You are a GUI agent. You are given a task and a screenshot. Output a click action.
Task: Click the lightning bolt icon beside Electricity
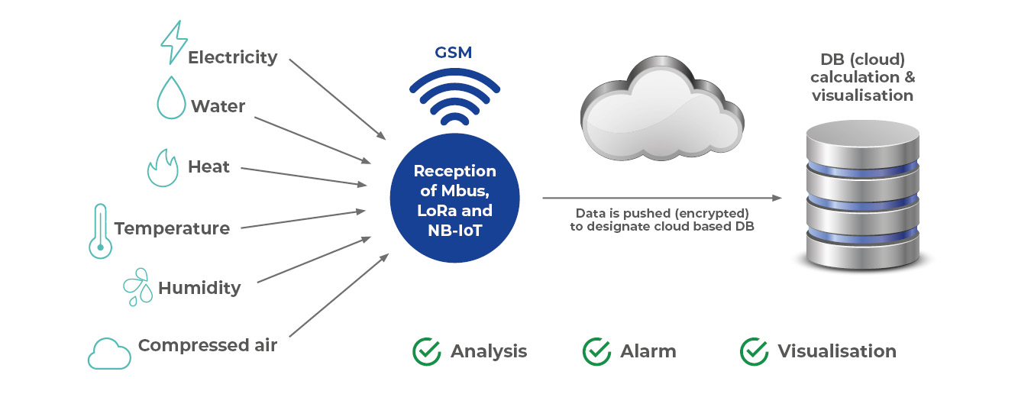pyautogui.click(x=173, y=42)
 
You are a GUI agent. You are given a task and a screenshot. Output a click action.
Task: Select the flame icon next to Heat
pyautogui.click(x=163, y=169)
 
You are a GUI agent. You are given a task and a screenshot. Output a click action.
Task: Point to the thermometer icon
pyautogui.click(x=101, y=231)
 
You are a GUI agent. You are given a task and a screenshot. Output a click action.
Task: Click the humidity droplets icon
pyautogui.click(x=138, y=287)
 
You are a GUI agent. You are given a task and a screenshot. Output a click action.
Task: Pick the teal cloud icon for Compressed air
pyautogui.click(x=109, y=354)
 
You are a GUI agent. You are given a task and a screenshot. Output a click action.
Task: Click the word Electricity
pyautogui.click(x=233, y=58)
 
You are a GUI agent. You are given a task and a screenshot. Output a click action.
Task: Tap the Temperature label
pyautogui.click(x=172, y=228)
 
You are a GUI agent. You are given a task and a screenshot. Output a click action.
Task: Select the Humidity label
pyautogui.click(x=199, y=288)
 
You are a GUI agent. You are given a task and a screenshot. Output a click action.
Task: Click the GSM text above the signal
pyautogui.click(x=453, y=53)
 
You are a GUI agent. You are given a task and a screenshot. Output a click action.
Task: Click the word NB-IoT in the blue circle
pyautogui.click(x=454, y=231)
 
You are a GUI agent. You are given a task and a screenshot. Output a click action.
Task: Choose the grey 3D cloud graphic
pyautogui.click(x=662, y=109)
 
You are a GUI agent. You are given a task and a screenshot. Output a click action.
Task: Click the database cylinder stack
pyautogui.click(x=862, y=195)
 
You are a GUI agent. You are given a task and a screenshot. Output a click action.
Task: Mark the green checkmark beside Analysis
pyautogui.click(x=427, y=351)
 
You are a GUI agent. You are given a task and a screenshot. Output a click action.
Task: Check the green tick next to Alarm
pyautogui.click(x=596, y=351)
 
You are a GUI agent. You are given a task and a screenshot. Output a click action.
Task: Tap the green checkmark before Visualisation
pyautogui.click(x=754, y=351)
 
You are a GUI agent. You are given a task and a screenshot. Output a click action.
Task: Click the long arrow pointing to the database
pyautogui.click(x=662, y=198)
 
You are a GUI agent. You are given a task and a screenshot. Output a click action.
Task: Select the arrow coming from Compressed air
pyautogui.click(x=339, y=296)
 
